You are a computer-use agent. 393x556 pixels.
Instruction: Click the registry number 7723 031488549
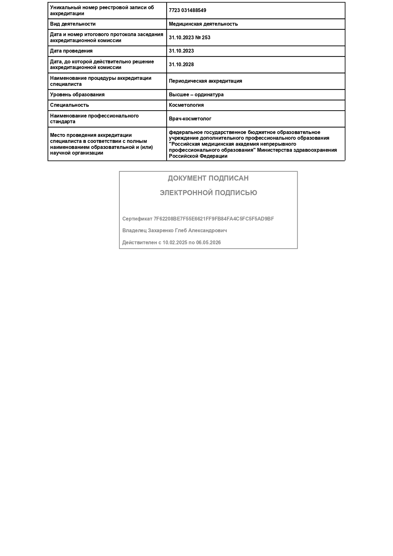tap(187, 10)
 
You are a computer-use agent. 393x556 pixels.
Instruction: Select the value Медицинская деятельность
tap(203, 24)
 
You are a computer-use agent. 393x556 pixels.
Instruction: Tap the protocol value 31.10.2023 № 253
tap(190, 38)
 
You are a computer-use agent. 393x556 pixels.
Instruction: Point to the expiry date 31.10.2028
tap(181, 65)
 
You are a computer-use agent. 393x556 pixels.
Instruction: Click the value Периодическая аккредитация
tap(205, 81)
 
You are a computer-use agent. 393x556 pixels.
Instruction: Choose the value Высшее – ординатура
tap(196, 95)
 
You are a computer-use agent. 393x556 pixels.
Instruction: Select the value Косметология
tap(186, 105)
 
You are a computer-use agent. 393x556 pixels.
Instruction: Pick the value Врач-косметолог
tap(190, 119)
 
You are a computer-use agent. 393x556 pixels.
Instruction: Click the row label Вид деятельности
tap(73, 24)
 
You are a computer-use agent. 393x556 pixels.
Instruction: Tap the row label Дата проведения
tap(71, 51)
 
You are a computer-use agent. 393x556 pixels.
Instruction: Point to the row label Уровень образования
tap(77, 95)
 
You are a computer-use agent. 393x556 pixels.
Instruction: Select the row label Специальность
tap(69, 105)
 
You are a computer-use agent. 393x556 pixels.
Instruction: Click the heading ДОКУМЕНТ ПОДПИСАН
tap(208, 178)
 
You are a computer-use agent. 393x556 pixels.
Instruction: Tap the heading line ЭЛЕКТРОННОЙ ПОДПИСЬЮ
tap(208, 193)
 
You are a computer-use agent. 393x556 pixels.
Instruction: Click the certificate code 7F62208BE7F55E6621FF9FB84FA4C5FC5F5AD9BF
tap(214, 219)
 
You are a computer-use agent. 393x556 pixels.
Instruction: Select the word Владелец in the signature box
tap(134, 231)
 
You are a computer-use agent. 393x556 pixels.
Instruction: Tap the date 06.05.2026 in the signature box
tap(208, 243)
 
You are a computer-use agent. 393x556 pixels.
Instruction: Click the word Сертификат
tap(137, 219)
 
